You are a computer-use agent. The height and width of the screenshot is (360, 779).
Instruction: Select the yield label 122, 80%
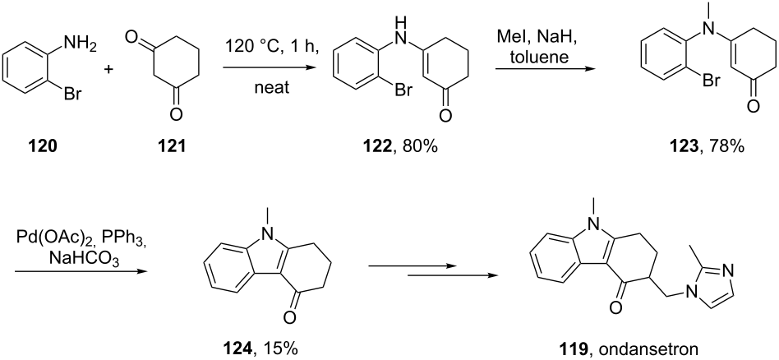coord(403,148)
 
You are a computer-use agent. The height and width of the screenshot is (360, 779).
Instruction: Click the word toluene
coord(538,57)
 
